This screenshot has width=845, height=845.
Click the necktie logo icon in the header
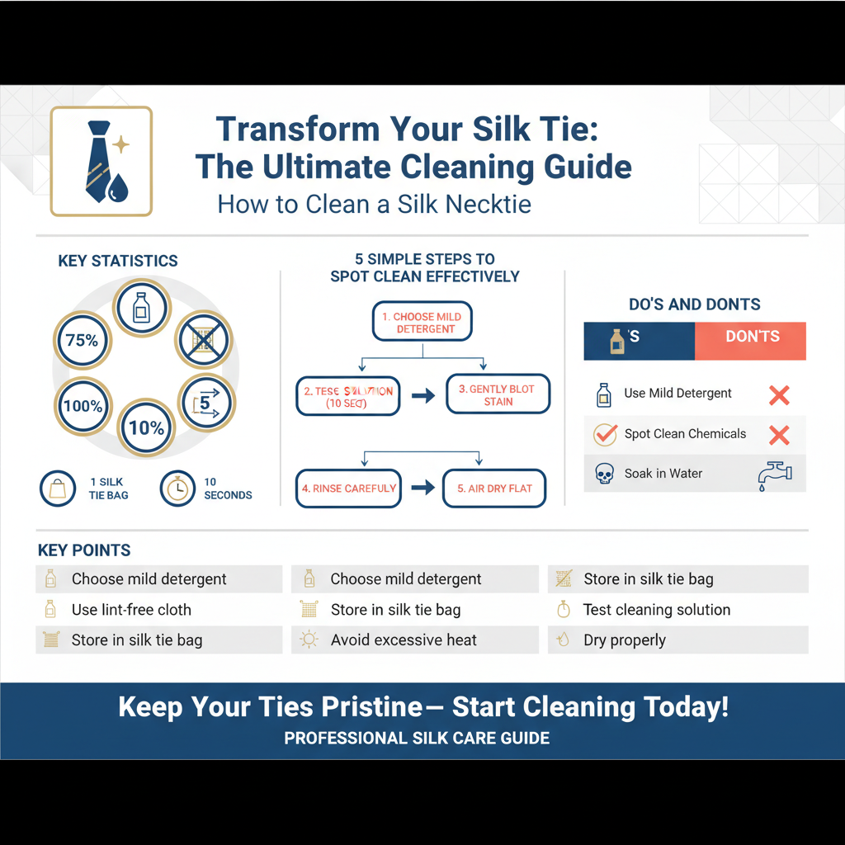[101, 161]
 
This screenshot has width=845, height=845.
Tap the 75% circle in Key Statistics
[82, 340]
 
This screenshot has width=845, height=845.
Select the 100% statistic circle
[83, 406]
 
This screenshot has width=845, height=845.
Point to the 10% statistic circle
[146, 427]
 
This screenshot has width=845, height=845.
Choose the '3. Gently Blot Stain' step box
[498, 395]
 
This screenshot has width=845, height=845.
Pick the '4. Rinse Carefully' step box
[348, 489]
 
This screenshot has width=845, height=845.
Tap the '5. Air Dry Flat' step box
[494, 489]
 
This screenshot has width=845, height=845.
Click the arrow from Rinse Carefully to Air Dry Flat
[422, 488]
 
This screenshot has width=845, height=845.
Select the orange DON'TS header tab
[751, 337]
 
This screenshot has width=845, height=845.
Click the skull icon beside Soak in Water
[604, 474]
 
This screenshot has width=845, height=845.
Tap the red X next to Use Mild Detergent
[778, 394]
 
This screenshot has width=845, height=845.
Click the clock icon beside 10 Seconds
[177, 489]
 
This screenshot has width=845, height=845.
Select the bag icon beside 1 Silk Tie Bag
[58, 489]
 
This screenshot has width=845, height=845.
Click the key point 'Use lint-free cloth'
[130, 610]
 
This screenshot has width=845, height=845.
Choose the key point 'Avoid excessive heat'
[404, 640]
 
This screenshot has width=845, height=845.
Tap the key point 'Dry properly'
[624, 640]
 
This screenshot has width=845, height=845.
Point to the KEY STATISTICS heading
[118, 261]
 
